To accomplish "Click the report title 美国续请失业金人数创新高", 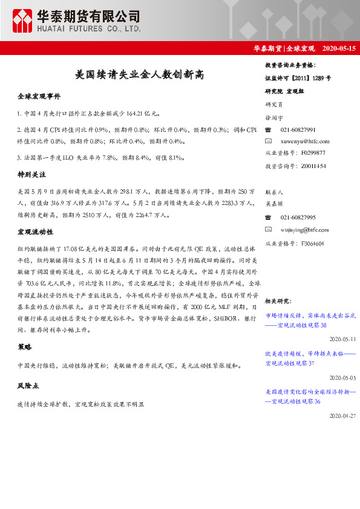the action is (x=139, y=75).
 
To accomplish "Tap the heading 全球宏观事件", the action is (x=39, y=97).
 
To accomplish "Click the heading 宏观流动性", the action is (x=35, y=232).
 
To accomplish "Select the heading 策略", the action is (x=25, y=348).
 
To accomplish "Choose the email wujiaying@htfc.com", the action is (x=306, y=230).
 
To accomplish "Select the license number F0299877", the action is (x=313, y=153).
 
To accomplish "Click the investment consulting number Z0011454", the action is (x=313, y=165).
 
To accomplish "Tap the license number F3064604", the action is (x=313, y=243).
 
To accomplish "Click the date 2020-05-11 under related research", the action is (x=343, y=339).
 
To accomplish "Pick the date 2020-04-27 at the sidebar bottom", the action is (x=343, y=416).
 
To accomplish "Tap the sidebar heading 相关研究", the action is (x=279, y=300).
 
